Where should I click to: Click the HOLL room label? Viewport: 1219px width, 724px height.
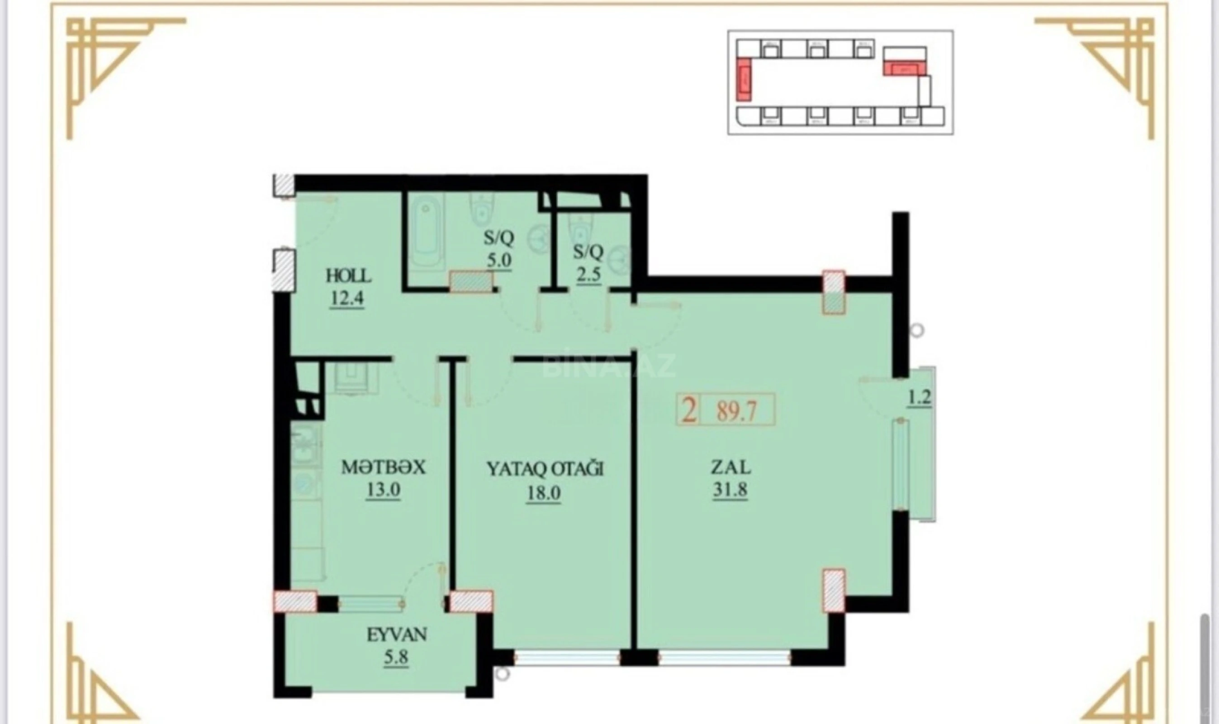348,276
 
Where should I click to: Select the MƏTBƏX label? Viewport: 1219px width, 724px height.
383,467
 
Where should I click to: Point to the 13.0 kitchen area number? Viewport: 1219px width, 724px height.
383,489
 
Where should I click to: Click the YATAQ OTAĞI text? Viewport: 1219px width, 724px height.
545,469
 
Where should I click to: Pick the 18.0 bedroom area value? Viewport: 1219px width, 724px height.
543,493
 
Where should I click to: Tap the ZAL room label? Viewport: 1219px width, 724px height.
730,468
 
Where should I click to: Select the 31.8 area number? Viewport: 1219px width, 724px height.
730,489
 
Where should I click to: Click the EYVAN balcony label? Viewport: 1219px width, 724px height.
397,635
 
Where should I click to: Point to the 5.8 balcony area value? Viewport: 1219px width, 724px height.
395,657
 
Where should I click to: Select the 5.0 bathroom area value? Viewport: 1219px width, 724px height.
499,260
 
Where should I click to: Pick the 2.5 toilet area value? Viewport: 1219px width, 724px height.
588,275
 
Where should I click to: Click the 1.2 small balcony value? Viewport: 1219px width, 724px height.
920,398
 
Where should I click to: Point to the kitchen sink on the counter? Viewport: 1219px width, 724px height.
305,444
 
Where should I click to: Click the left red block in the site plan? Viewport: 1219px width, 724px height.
744,79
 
